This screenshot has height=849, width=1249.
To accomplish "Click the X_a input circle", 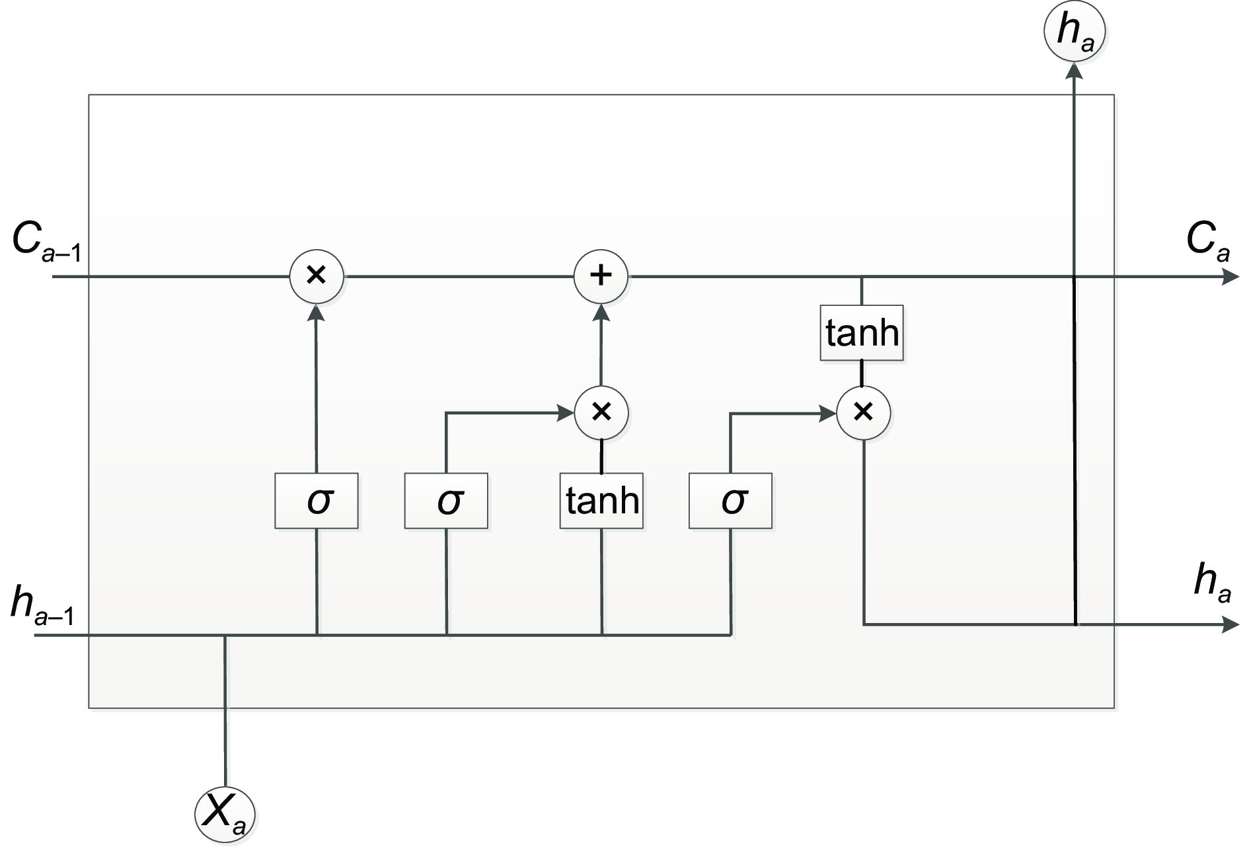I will [225, 813].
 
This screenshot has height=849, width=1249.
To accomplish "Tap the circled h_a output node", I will [1075, 31].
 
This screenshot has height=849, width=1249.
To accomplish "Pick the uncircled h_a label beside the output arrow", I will [1212, 585].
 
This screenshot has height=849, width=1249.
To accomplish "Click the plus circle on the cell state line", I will [601, 276].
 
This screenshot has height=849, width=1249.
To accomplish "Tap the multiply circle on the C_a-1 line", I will [317, 276].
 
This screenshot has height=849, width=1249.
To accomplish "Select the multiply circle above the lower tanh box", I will [601, 413].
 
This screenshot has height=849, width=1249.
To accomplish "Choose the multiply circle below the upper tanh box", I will [863, 413].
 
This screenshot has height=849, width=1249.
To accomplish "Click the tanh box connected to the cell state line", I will [862, 333].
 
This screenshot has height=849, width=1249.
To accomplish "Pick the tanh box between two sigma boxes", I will [601, 501].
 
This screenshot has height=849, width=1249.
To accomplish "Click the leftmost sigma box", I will [317, 501].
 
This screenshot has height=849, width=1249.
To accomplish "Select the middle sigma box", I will [446, 501].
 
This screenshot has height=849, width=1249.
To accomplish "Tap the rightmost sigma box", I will [730, 501].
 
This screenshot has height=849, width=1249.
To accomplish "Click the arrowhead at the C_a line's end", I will [1230, 277].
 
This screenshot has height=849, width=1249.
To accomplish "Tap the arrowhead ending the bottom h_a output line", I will [1230, 624].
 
